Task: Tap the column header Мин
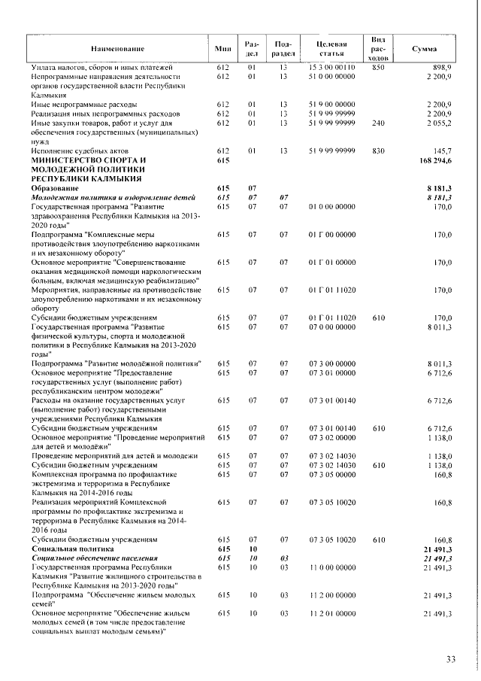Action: point(222,49)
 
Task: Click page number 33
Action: point(451,660)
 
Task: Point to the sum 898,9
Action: point(440,68)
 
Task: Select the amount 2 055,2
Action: point(437,123)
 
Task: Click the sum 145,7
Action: point(440,150)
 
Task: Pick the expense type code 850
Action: point(378,68)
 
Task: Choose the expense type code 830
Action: point(378,150)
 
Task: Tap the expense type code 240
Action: point(378,123)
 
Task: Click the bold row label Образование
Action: point(59,188)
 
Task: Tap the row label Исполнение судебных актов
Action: point(83,150)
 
